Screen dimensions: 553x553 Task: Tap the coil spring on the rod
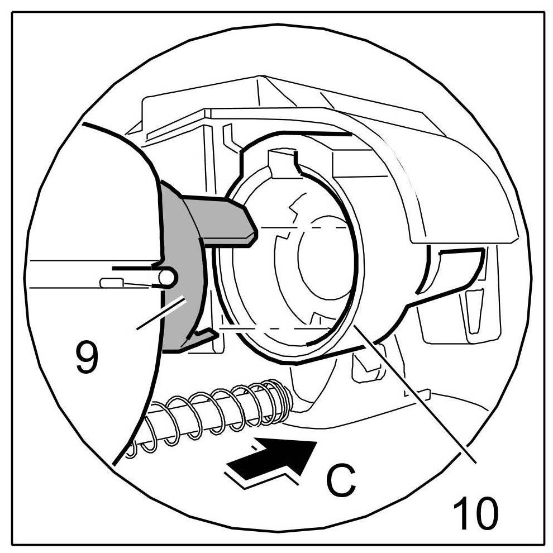(x=218, y=413)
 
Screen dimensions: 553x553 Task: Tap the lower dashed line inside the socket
(x=274, y=328)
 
